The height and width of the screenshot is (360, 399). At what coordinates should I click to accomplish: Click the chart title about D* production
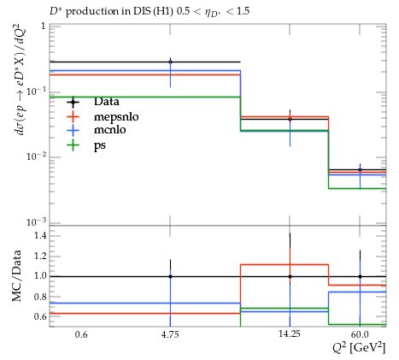coord(150,12)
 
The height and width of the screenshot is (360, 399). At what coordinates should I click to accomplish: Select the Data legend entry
coord(107,102)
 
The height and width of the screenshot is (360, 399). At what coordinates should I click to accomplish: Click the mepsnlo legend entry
coord(116,117)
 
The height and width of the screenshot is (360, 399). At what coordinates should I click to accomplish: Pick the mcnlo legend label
coord(110,130)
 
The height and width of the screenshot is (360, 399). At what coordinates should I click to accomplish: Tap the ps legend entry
coord(100,145)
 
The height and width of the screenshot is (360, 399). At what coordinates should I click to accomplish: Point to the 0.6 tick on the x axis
coord(81,334)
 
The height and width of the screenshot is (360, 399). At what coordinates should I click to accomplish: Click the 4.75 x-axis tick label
coord(170,334)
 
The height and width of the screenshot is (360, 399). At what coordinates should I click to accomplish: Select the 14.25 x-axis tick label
coord(290,333)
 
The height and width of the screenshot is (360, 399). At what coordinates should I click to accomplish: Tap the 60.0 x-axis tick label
coord(360,334)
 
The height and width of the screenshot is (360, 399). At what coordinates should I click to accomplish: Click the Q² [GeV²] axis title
coord(359,348)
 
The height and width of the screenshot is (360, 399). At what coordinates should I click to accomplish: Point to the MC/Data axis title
coord(16,276)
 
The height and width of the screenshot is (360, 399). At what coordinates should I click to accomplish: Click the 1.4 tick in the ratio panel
coord(40,235)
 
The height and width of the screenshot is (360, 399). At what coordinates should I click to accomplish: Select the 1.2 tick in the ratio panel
coord(40,256)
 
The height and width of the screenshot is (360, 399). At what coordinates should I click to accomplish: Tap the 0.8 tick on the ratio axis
coord(40,297)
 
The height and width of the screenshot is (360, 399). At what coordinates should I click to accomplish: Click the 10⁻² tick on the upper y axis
coord(37,156)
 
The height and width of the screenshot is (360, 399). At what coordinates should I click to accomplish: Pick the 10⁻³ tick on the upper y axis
coord(37,222)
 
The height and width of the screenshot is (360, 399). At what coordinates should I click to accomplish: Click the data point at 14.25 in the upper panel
coord(290,119)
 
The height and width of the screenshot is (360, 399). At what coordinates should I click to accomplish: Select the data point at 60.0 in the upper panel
coord(360,169)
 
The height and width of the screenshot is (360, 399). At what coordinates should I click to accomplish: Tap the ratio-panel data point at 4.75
coord(170,276)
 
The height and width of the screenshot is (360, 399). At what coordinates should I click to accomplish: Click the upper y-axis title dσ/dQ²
coord(21,81)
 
